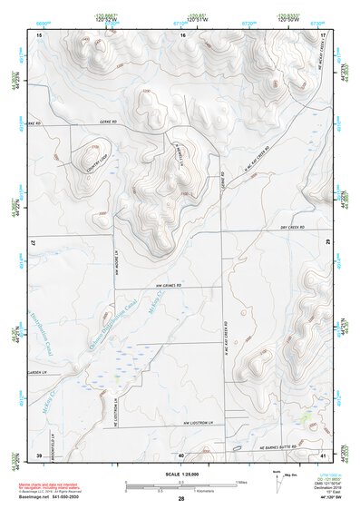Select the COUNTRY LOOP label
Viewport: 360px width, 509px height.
92,164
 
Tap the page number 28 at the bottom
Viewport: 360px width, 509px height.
181,499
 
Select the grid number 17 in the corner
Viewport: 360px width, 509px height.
324,34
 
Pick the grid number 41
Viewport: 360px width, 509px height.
323,455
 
